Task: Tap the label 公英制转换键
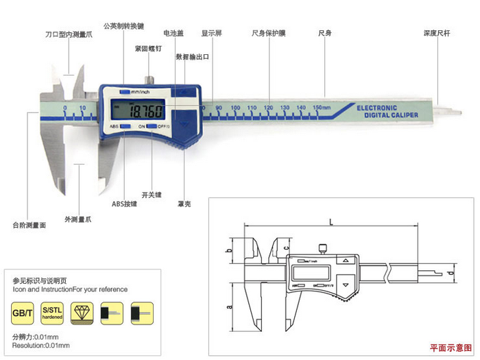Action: tap(123, 25)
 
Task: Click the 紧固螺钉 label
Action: tap(148, 48)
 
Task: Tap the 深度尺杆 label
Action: tap(436, 32)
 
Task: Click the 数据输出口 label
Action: tap(192, 57)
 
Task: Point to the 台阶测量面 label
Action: tap(29, 224)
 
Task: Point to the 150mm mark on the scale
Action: tap(321, 108)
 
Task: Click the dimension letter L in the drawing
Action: tap(331, 221)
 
